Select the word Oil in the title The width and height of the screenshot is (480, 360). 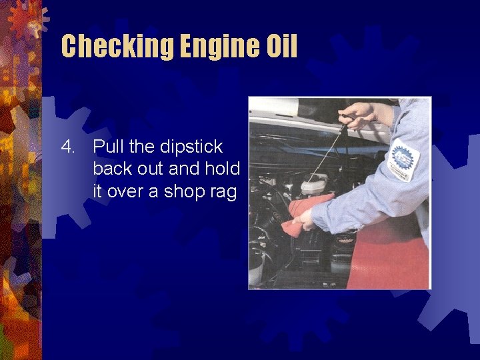point(279,46)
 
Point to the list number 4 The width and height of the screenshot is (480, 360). point(69,146)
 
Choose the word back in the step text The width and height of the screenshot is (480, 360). point(113,169)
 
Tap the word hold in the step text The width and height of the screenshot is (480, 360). point(223,169)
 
